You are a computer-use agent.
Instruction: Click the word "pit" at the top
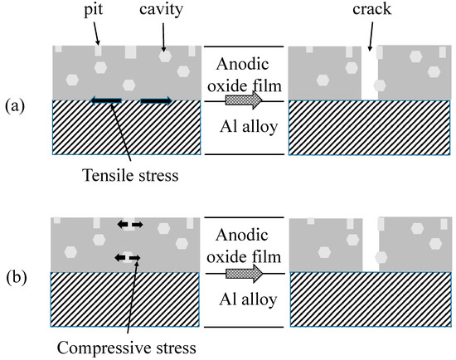coord(94,10)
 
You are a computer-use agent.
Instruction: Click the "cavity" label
coord(161,10)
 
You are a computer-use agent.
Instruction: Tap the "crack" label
coord(371,9)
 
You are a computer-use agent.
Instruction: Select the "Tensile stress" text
coord(130,175)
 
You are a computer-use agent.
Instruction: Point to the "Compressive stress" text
coord(127,348)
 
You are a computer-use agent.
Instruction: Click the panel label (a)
coord(15,106)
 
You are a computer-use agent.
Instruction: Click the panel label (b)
coord(17,277)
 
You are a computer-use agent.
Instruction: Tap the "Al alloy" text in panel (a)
coord(249,127)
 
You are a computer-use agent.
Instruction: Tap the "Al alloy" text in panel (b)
coord(248,299)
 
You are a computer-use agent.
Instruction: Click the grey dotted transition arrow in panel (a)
coord(244,100)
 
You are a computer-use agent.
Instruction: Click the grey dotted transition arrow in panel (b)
coord(245,273)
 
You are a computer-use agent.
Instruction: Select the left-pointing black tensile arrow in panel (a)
coord(106,100)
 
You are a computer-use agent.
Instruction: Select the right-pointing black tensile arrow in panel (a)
coord(156,100)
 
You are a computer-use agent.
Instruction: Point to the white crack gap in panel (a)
coord(369,73)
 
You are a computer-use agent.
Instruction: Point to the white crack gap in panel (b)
coord(371,245)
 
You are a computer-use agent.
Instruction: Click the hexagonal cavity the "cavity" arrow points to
coord(165,56)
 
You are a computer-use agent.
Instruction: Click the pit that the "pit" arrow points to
coord(99,51)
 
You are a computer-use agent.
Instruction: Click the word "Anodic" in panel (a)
coord(242,65)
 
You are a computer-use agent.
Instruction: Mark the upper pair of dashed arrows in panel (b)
coord(129,225)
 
